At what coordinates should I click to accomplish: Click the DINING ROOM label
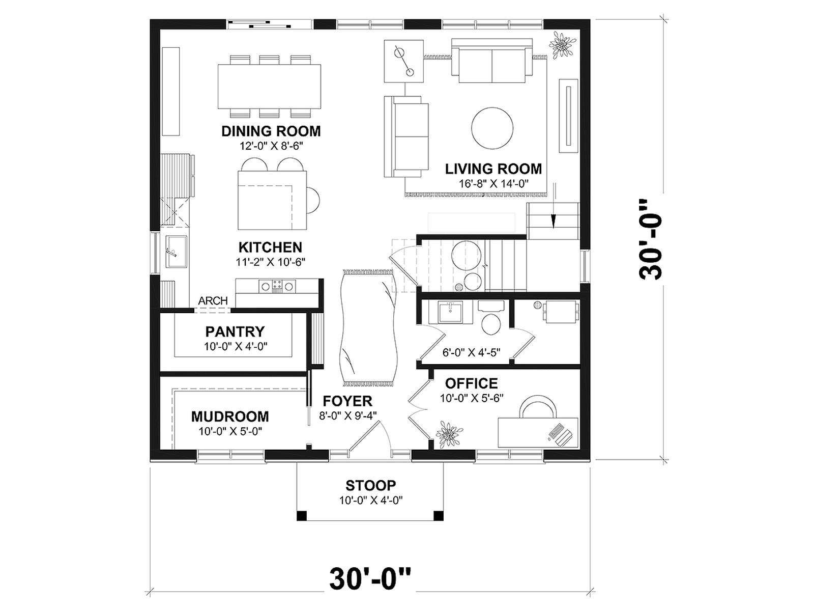click(x=271, y=131)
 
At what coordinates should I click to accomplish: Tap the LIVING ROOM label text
click(x=493, y=169)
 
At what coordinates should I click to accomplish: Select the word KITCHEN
click(x=270, y=247)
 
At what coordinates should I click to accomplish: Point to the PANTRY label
click(x=235, y=331)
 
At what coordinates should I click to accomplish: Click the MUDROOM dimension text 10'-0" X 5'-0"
click(x=230, y=431)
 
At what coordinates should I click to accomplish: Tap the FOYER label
click(x=347, y=401)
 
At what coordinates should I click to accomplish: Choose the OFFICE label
click(x=471, y=383)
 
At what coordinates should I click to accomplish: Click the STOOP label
click(x=371, y=485)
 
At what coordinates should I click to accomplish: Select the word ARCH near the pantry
click(x=213, y=300)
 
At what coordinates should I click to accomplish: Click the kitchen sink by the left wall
click(x=176, y=251)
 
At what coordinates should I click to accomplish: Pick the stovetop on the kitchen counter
click(x=277, y=286)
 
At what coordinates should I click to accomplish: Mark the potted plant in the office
click(x=449, y=434)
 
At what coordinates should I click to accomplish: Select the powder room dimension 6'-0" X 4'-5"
click(x=471, y=352)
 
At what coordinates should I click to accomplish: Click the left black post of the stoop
click(x=302, y=516)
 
